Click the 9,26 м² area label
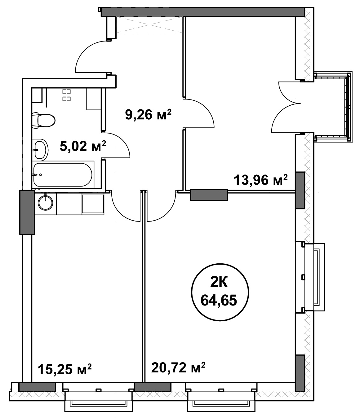click(148, 115)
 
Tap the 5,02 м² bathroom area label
click(83, 146)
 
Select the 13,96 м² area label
click(261, 180)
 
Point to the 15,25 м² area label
click(65, 369)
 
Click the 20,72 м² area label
click(178, 367)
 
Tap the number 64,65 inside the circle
click(219, 300)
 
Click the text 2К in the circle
click(219, 282)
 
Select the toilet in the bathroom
click(43, 121)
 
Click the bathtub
click(63, 175)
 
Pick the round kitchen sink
click(46, 202)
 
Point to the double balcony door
click(286, 107)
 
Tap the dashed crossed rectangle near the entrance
click(149, 25)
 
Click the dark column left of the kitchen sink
click(27, 212)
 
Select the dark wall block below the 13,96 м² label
click(209, 195)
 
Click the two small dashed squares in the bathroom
click(66, 95)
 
